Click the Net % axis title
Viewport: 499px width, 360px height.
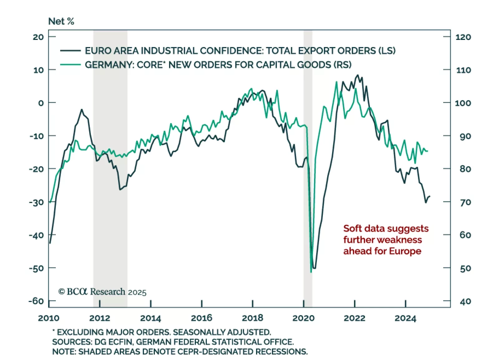[61, 21]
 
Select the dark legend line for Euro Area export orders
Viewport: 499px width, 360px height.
[70, 51]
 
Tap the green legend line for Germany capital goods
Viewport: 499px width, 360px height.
[70, 65]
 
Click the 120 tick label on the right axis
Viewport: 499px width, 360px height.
[463, 37]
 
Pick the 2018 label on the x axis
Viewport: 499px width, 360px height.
[252, 318]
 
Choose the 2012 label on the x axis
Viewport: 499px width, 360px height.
[99, 318]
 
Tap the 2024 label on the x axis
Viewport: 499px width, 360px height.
[405, 318]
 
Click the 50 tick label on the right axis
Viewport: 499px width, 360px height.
[465, 268]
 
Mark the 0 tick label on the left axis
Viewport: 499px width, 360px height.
[41, 103]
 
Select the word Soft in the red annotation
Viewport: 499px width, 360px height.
[352, 229]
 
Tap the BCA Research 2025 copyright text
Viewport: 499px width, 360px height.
[102, 292]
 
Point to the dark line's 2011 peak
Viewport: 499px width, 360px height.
[82, 109]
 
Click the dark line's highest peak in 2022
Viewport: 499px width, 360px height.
[357, 75]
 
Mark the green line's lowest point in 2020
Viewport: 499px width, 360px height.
[311, 272]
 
